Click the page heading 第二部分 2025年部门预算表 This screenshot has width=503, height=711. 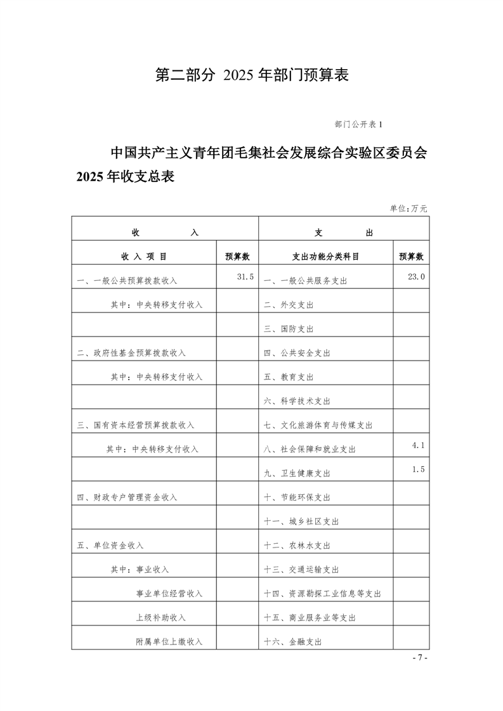[x=252, y=75]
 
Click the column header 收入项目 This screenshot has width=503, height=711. [x=144, y=257]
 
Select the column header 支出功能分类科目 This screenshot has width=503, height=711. [x=325, y=257]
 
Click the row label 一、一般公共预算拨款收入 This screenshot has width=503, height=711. [x=127, y=281]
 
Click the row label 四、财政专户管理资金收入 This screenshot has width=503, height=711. [x=127, y=497]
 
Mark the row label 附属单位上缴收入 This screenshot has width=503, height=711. [x=169, y=642]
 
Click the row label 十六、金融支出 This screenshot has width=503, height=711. [x=292, y=642]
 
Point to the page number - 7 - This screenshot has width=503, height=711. [x=420, y=658]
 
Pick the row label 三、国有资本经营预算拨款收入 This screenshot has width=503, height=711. [x=135, y=425]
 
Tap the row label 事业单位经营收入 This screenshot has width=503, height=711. [x=169, y=594]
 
